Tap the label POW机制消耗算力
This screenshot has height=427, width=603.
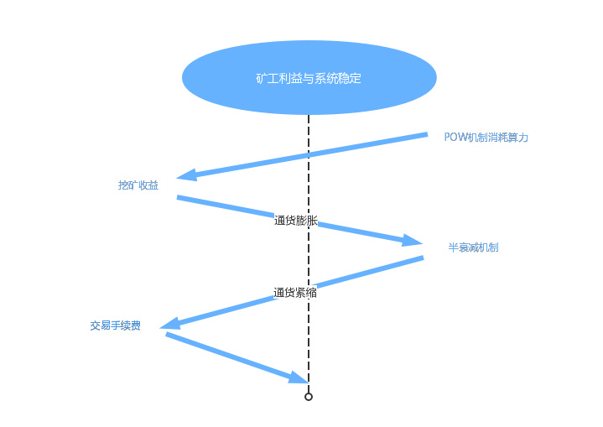486,137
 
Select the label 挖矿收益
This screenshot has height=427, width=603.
138,185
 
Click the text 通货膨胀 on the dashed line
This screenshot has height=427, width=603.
296,221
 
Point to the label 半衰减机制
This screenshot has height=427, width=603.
473,247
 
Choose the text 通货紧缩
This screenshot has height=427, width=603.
295,293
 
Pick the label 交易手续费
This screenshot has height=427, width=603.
115,325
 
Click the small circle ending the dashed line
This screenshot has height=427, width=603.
309,397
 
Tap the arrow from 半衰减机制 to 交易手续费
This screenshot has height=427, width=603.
352,276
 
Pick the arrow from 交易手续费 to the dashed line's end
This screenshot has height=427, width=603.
226,355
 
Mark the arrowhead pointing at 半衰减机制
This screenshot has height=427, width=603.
412,241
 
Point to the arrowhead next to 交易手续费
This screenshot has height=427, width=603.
170,324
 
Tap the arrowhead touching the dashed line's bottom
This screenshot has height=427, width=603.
299,378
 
